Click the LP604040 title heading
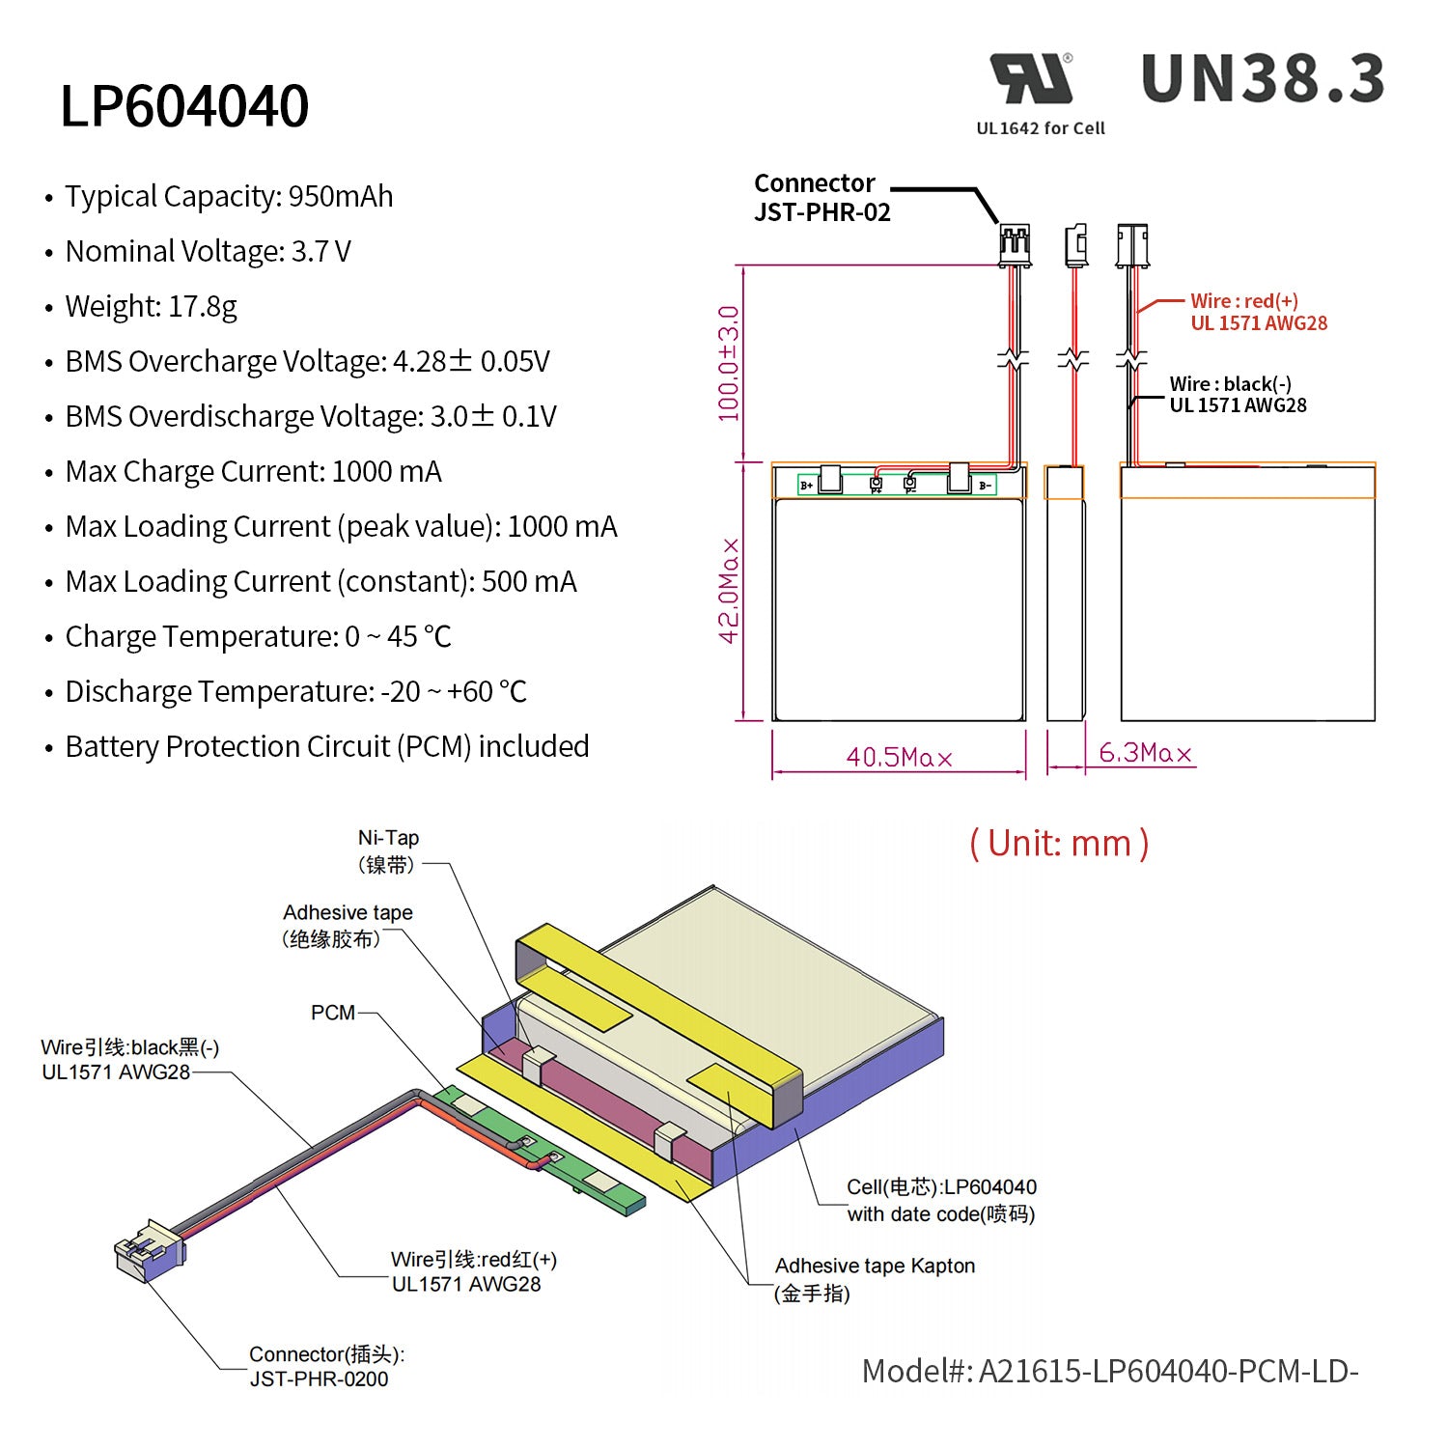pyautogui.click(x=184, y=106)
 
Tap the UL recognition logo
pyautogui.click(x=1031, y=79)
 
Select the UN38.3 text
pyautogui.click(x=1263, y=79)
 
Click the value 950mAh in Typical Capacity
pyautogui.click(x=341, y=197)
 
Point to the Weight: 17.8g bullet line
pyautogui.click(x=151, y=307)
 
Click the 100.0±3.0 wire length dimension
pyautogui.click(x=729, y=363)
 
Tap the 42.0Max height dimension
pyautogui.click(x=729, y=591)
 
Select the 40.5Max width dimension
pyautogui.click(x=899, y=758)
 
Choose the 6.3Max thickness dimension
pyautogui.click(x=1145, y=753)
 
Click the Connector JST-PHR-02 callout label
pyautogui.click(x=821, y=198)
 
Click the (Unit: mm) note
pyautogui.click(x=1059, y=844)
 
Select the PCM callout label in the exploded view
pyautogui.click(x=333, y=1013)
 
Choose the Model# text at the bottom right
pyautogui.click(x=1110, y=1371)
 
